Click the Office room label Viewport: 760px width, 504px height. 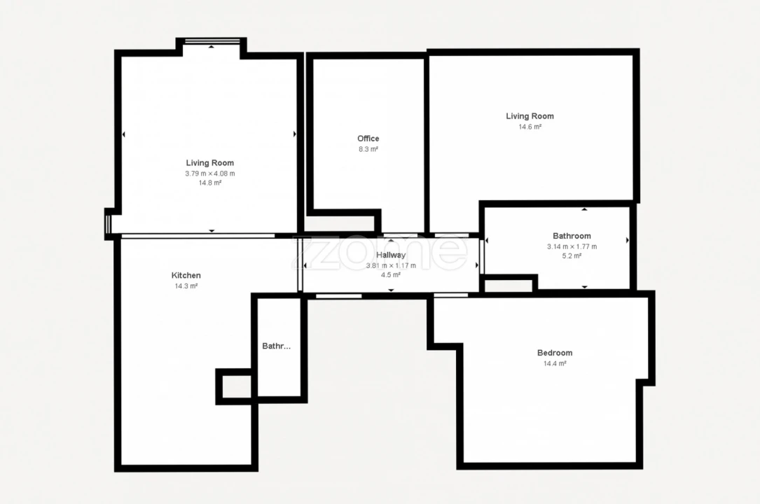(368, 139)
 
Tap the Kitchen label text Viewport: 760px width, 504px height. (186, 275)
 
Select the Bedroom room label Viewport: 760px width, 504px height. (554, 353)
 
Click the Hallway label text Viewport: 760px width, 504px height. (390, 255)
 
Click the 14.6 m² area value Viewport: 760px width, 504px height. (530, 127)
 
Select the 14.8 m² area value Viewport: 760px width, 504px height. (209, 183)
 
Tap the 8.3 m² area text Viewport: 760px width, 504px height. (368, 149)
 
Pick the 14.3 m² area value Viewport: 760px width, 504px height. (186, 286)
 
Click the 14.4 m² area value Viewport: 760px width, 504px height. (554, 363)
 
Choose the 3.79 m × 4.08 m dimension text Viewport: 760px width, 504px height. (209, 173)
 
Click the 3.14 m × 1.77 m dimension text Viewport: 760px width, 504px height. (572, 246)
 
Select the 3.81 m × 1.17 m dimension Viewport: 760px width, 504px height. (390, 265)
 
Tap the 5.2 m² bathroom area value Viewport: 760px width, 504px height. (572, 256)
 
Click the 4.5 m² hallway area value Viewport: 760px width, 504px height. (390, 275)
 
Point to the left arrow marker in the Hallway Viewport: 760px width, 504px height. (305, 266)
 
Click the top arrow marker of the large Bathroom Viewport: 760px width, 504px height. (584, 209)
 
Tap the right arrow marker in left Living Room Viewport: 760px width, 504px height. (294, 134)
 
